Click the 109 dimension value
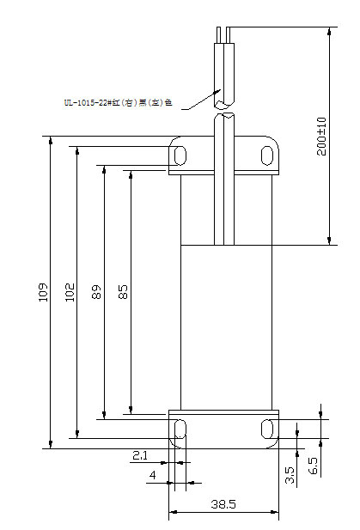click(43, 293)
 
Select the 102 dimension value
click(70, 293)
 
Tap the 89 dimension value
click(96, 293)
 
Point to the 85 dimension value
click(123, 293)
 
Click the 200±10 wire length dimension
click(321, 136)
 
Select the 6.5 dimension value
click(313, 465)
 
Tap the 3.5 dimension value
click(290, 475)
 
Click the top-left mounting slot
click(180, 155)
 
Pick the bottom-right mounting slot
click(267, 428)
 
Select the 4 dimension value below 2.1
click(152, 474)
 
